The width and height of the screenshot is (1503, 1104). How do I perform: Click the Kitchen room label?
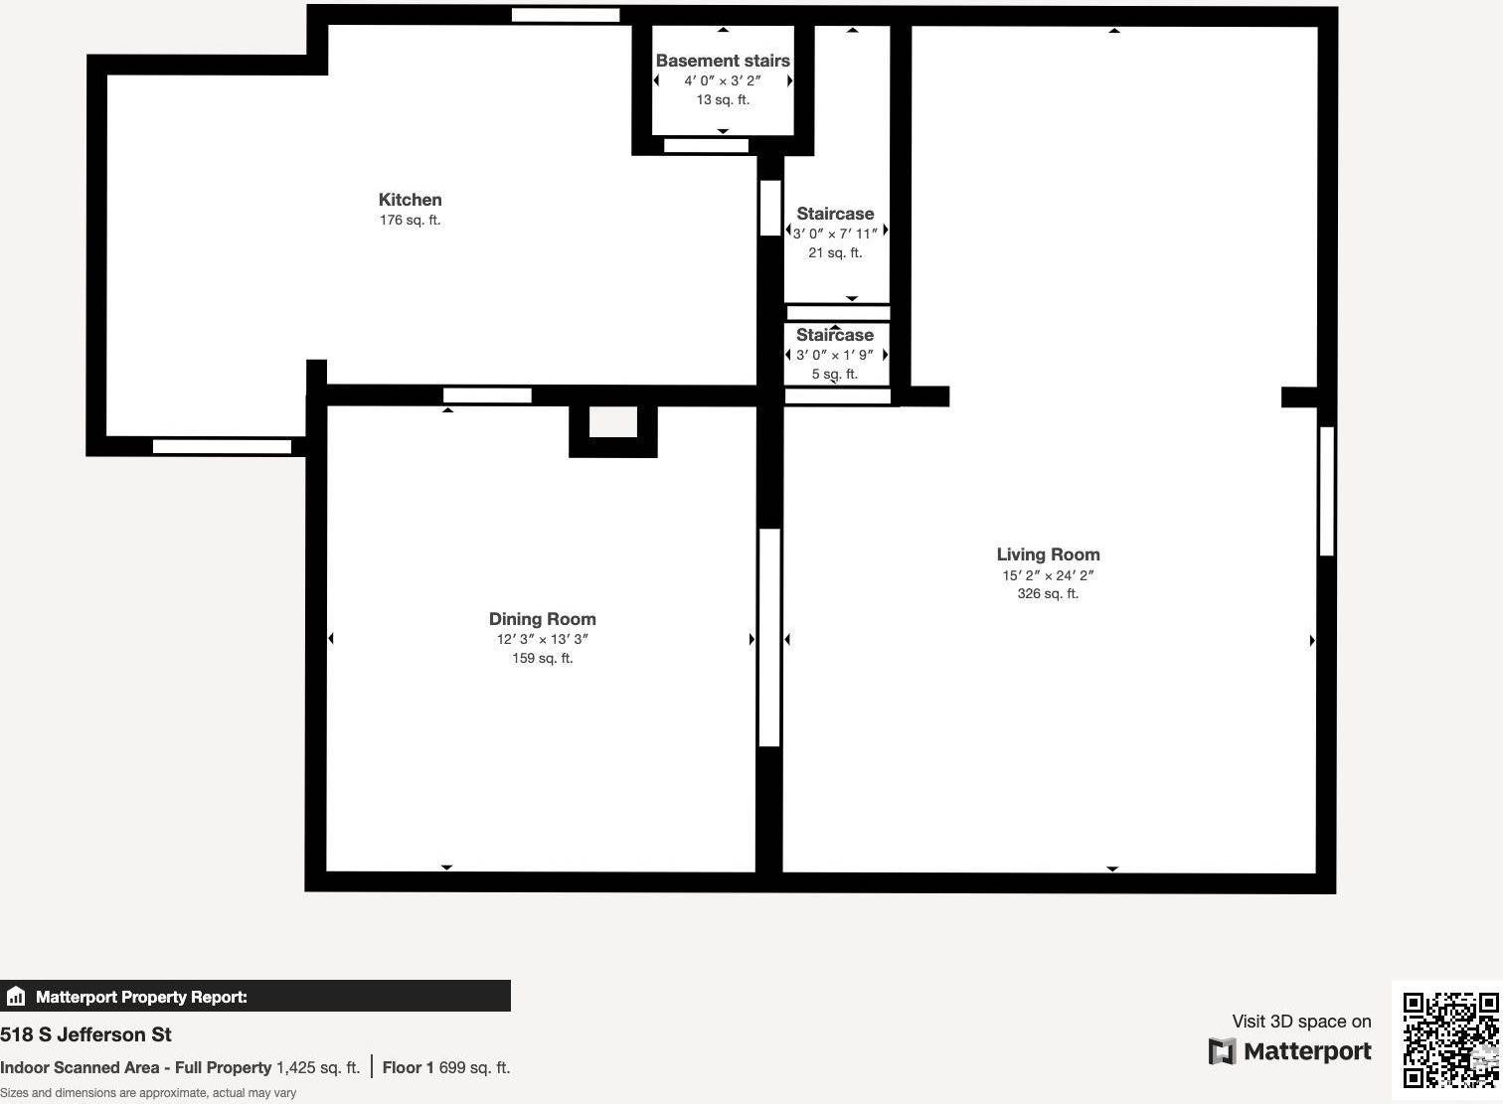click(x=410, y=200)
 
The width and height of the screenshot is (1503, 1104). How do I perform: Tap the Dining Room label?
click(x=542, y=619)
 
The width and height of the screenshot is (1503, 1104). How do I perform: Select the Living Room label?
click(x=1048, y=554)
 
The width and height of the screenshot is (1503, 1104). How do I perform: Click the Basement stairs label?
click(x=723, y=61)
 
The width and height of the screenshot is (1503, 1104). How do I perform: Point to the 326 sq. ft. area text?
click(x=1048, y=594)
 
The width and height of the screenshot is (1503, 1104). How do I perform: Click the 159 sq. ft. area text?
click(x=542, y=658)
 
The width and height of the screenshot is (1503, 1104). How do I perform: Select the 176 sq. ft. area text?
click(x=410, y=221)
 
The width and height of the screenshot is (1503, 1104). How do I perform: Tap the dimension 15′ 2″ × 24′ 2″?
click(x=1048, y=575)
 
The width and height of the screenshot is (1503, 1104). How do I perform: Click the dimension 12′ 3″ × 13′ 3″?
click(x=542, y=639)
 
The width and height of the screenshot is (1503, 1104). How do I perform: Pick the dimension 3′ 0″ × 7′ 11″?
click(x=835, y=234)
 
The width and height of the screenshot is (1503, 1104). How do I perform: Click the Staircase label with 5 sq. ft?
click(x=835, y=335)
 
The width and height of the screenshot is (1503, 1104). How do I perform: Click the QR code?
click(x=1450, y=1040)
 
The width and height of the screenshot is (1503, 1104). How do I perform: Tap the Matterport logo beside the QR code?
click(x=1289, y=1051)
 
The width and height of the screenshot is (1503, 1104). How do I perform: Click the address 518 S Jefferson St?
click(x=86, y=1034)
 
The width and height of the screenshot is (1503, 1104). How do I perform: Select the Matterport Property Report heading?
click(x=141, y=997)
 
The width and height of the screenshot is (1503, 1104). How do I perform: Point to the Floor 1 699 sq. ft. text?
click(x=445, y=1067)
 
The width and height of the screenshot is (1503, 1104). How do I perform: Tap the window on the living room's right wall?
click(x=1326, y=491)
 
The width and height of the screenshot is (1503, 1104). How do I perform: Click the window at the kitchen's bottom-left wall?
click(x=222, y=446)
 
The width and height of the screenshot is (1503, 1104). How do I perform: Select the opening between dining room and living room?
click(x=769, y=637)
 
